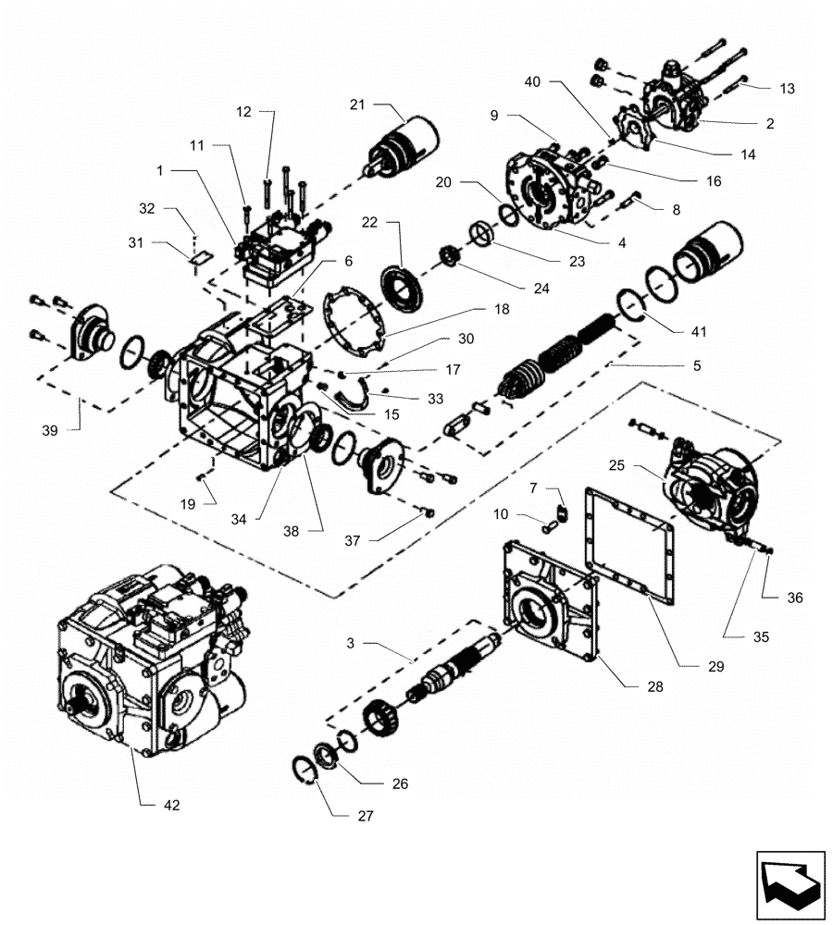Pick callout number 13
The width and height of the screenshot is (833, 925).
click(x=787, y=88)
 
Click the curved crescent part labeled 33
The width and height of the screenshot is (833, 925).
click(x=353, y=401)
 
